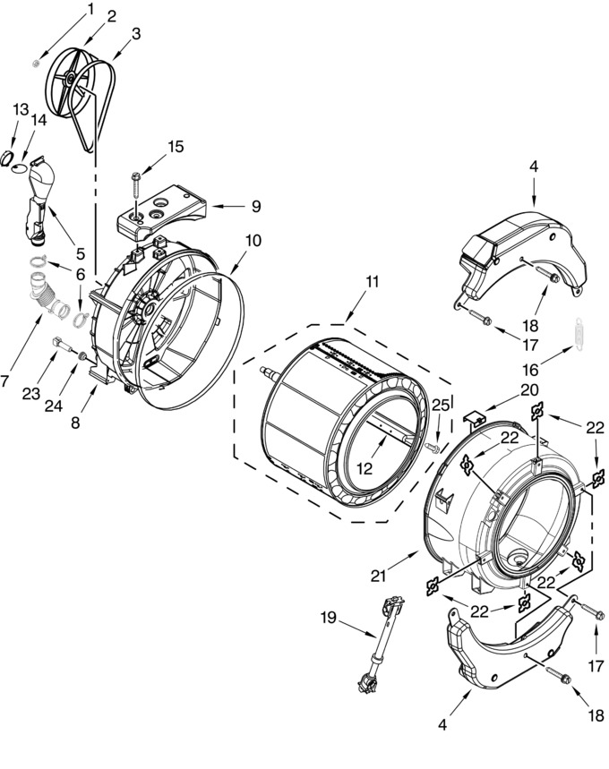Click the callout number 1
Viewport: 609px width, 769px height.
point(90,10)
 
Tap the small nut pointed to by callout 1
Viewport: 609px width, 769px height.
point(36,64)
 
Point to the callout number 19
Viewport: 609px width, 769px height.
point(329,617)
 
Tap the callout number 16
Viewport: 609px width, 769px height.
point(531,369)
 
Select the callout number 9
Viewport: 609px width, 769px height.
point(255,207)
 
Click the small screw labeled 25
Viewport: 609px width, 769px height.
point(431,448)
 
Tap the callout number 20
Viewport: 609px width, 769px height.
point(529,390)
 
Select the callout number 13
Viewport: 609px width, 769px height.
point(21,109)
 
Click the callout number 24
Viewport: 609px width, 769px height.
point(54,406)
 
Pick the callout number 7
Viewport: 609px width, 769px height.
point(4,380)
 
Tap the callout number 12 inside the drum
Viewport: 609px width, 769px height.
point(365,469)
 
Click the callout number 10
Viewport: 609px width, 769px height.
point(253,240)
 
